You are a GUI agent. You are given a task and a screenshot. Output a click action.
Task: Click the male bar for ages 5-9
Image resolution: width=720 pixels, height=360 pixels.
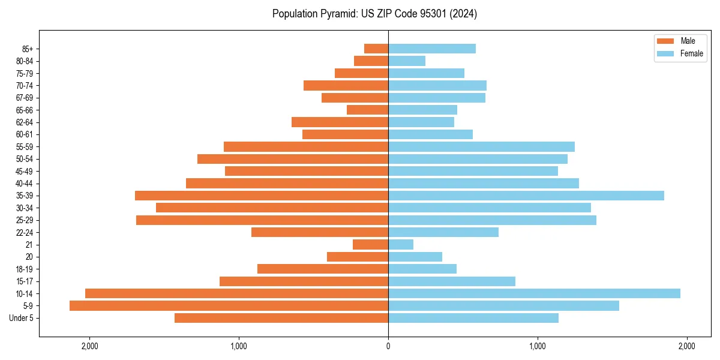click(229, 305)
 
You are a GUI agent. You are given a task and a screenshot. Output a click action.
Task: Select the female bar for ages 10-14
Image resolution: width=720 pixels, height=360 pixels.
click(534, 293)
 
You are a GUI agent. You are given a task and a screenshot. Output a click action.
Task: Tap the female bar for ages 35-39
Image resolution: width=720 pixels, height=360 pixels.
click(526, 196)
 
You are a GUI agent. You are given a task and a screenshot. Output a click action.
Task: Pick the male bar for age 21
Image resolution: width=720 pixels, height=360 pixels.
click(370, 244)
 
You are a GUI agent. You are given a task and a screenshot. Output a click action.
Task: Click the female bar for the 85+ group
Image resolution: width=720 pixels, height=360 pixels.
click(432, 49)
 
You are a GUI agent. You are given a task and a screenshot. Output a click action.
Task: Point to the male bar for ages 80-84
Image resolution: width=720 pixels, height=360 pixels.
click(371, 61)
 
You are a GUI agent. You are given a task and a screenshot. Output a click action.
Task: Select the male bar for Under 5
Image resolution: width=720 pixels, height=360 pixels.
click(281, 318)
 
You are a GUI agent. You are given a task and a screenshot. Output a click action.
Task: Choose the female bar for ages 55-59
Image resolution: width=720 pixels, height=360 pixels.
click(481, 146)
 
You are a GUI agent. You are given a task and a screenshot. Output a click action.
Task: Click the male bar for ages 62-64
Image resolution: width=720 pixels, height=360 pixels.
click(340, 122)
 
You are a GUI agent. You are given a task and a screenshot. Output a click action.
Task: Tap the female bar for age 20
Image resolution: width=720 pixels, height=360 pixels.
click(415, 257)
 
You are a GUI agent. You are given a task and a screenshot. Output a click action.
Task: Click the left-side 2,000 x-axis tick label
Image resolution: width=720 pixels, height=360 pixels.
click(89, 347)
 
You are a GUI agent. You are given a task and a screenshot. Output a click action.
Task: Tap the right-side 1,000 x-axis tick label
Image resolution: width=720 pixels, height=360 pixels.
click(538, 347)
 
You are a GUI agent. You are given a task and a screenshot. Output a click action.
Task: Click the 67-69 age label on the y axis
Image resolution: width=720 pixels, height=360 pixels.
click(24, 98)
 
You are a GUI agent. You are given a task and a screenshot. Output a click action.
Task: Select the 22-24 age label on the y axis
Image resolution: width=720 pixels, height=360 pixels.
click(24, 232)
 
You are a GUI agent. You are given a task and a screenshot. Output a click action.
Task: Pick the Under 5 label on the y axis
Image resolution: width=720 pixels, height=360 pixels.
click(22, 318)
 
